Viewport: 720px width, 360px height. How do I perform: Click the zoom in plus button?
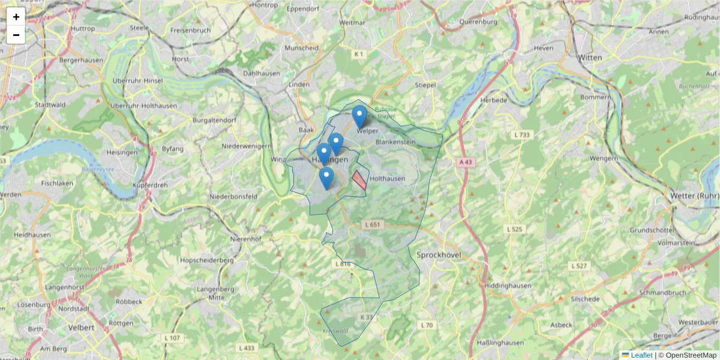click(x=16, y=17)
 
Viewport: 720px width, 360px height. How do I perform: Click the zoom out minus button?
click(x=16, y=35)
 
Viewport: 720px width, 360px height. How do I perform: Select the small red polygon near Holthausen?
click(x=359, y=179)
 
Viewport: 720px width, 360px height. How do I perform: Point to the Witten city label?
click(x=590, y=58)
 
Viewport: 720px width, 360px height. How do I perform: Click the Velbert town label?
click(x=82, y=328)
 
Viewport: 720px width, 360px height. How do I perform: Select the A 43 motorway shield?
click(x=466, y=162)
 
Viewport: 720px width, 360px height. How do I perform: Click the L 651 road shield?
click(x=373, y=224)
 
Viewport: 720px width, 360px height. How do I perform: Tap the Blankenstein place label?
click(x=395, y=142)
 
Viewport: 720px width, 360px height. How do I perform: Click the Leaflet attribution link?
click(x=641, y=355)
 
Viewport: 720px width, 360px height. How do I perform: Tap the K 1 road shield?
click(x=359, y=54)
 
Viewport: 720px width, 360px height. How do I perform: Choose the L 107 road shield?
click(x=172, y=338)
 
